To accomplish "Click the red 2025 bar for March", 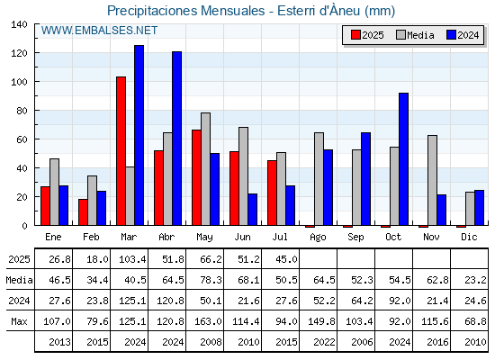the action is click(x=121, y=151).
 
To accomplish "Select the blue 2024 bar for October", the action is click(x=404, y=159).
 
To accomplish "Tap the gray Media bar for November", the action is click(x=432, y=180).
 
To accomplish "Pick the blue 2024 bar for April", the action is click(x=176, y=139).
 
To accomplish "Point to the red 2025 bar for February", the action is click(x=83, y=212).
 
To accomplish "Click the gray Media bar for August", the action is click(x=319, y=179).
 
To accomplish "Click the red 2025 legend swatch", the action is click(x=355, y=35).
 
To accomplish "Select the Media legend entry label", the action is click(x=420, y=35).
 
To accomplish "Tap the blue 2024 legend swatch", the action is click(x=451, y=35).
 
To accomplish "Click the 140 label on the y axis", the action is click(x=19, y=24).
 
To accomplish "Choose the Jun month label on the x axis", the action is click(x=242, y=237).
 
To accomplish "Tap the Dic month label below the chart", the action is click(x=469, y=237).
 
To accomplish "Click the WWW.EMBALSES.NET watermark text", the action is click(x=99, y=31).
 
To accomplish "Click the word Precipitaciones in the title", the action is click(x=152, y=11).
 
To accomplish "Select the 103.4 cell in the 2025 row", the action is click(x=132, y=259).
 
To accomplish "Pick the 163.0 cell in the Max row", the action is click(x=208, y=321).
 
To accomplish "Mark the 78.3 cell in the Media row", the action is click(x=211, y=280).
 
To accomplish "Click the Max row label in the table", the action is click(x=19, y=321).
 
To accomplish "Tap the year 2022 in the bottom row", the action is click(x=324, y=342).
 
